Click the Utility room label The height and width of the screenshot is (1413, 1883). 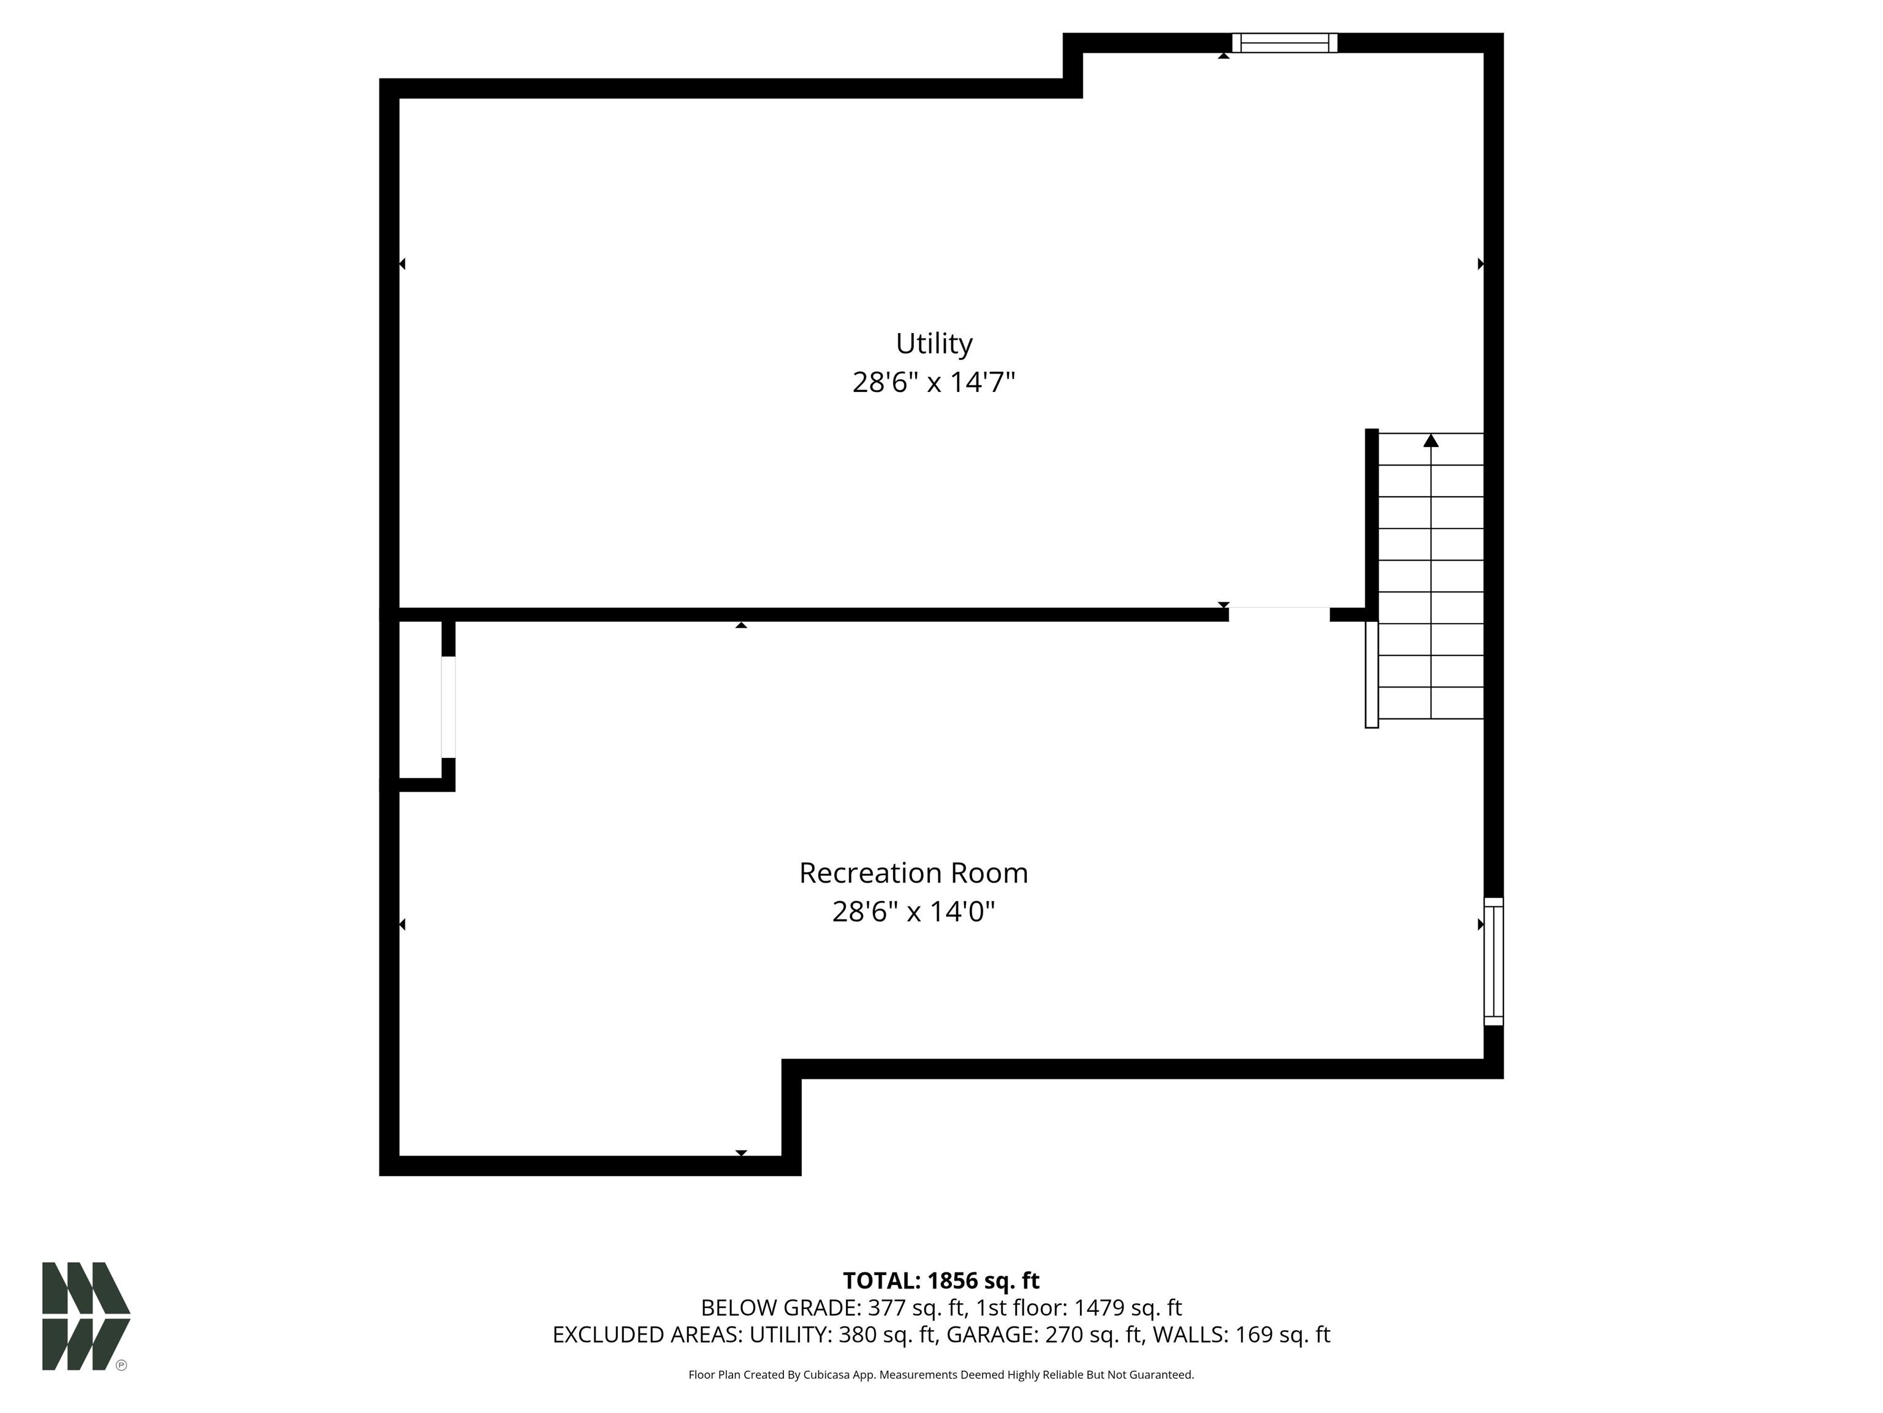tap(934, 343)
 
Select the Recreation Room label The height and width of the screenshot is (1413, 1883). tap(913, 873)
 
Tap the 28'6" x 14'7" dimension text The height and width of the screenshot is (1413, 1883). tap(934, 383)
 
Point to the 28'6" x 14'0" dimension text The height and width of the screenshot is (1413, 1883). tap(913, 912)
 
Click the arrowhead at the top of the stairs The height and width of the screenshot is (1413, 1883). tap(1431, 440)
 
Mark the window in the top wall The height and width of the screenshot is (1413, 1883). tap(1285, 42)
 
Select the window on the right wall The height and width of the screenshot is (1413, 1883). tap(1494, 961)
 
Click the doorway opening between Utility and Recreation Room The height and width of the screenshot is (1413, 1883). tap(1279, 614)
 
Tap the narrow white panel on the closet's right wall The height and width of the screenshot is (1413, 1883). tap(449, 707)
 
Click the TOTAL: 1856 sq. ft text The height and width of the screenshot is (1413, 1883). tap(941, 1281)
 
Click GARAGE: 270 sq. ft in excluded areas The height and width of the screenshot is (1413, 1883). tap(1044, 1334)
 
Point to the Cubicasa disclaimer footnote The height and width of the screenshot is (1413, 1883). tap(941, 1375)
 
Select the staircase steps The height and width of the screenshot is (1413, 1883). tap(1431, 576)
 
